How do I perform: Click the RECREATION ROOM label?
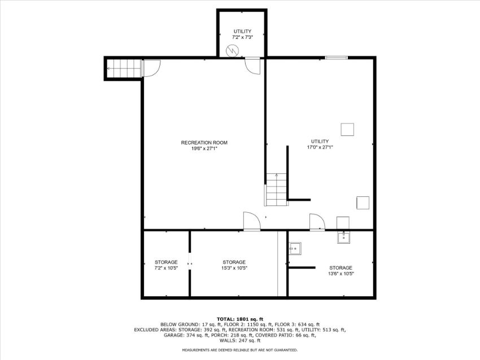point(204,143)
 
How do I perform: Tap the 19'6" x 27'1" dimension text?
point(204,148)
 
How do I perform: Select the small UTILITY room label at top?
point(242,31)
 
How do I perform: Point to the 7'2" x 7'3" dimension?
point(242,37)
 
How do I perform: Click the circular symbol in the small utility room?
point(232,51)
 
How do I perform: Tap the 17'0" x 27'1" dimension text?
point(320,147)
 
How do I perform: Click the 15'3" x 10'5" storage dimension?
point(234,268)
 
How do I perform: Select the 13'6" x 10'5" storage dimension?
point(341,274)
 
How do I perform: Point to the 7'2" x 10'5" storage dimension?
point(166,268)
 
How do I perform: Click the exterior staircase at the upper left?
point(123,68)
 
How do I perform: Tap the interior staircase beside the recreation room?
point(277,190)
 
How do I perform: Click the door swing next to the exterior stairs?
point(152,68)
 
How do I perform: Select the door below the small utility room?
point(253,66)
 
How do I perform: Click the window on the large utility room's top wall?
point(336,58)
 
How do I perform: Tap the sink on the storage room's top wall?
point(344,237)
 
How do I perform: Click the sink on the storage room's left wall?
point(295,248)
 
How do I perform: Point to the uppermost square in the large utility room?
point(347,129)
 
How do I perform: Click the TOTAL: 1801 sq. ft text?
point(240,319)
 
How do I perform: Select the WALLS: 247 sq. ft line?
point(240,340)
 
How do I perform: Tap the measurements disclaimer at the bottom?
point(240,350)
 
